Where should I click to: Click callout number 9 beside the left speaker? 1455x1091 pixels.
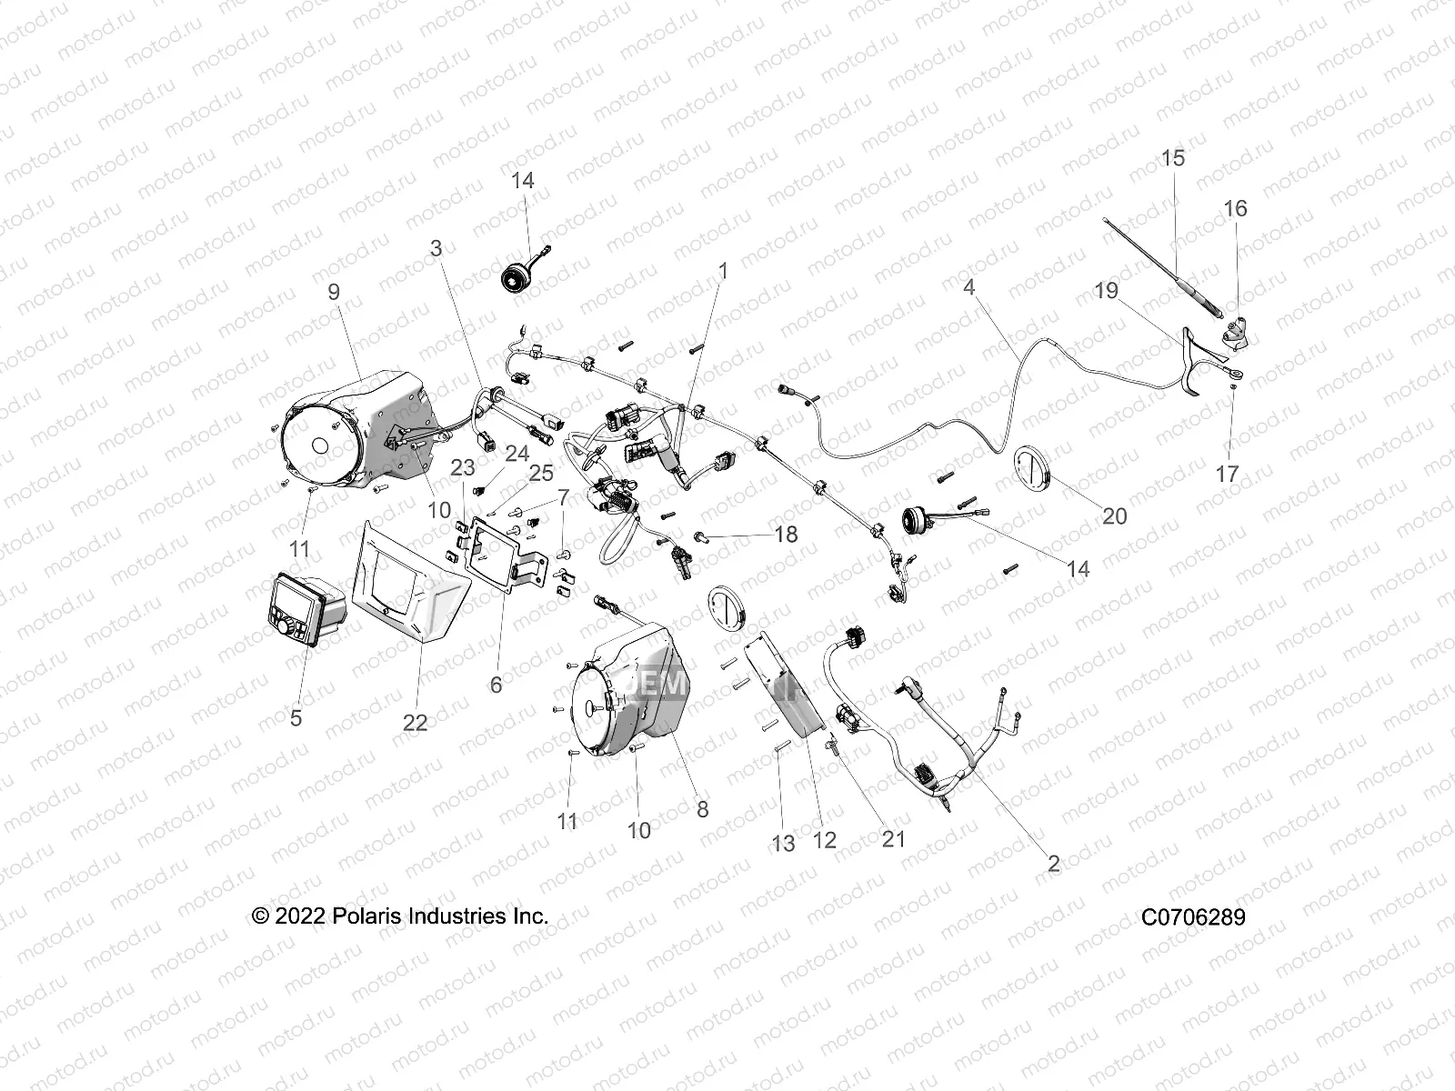pos(334,291)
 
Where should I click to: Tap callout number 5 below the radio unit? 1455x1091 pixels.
pos(296,717)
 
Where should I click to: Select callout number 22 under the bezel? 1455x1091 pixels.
pos(415,722)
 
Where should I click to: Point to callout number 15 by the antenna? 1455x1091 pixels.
pos(1173,158)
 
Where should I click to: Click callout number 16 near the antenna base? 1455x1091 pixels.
pos(1260,208)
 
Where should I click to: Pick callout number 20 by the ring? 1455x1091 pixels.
pos(1114,516)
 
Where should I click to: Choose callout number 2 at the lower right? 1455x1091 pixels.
pos(1053,864)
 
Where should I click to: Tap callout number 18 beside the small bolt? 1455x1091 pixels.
pos(786,535)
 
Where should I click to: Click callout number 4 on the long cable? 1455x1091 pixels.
pos(969,288)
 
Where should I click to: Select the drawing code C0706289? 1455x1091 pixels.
pos(1193,916)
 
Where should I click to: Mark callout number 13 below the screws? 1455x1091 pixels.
pos(783,844)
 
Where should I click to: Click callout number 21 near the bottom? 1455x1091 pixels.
pos(894,838)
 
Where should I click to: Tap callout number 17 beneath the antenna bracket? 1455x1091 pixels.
pos(1227,474)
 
